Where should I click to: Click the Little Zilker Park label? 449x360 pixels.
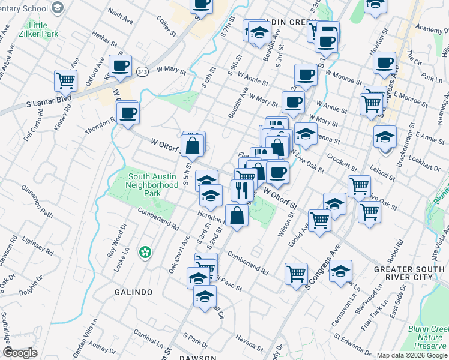(x=43, y=30)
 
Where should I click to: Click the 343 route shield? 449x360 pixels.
(x=143, y=71)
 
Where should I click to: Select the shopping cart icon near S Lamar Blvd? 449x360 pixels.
(x=65, y=80)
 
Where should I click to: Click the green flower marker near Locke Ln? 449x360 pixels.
(x=144, y=251)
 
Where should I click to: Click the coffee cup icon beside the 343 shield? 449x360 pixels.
(x=120, y=65)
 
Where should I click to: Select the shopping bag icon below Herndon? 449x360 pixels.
(x=237, y=215)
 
